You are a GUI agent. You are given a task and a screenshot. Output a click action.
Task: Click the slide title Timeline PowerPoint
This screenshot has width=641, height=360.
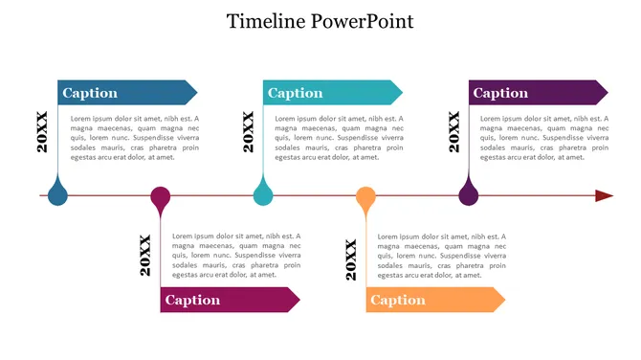click(x=320, y=21)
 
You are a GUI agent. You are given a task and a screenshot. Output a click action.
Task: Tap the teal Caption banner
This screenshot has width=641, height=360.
click(x=331, y=93)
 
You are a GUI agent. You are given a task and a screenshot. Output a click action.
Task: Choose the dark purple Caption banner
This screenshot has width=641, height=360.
click(x=537, y=93)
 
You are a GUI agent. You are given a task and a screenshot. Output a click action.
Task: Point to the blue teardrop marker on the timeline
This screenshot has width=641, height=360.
click(x=57, y=194)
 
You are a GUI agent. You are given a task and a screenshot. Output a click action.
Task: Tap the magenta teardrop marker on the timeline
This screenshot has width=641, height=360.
click(x=161, y=198)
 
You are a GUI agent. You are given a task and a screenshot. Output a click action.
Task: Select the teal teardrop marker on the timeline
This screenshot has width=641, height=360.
click(x=263, y=194)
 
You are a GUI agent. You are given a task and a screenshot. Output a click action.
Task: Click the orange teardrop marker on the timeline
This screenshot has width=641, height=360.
click(x=365, y=198)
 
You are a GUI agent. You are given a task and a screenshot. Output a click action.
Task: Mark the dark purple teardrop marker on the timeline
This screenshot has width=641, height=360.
click(x=468, y=194)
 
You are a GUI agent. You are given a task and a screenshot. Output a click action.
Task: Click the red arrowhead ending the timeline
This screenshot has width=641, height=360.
click(x=604, y=196)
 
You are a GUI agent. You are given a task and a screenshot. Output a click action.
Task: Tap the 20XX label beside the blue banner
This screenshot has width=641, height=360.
click(x=42, y=132)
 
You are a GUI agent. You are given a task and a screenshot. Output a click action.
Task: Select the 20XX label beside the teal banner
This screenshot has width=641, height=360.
click(x=248, y=132)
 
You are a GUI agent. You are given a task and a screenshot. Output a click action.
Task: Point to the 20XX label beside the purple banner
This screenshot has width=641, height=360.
click(x=454, y=132)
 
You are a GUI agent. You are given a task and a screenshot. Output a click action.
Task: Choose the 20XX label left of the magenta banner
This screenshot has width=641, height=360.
click(x=145, y=256)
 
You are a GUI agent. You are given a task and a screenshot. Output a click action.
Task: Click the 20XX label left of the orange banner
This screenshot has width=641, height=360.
click(x=351, y=260)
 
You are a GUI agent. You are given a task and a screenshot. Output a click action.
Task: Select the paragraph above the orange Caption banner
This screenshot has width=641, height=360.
click(x=441, y=256)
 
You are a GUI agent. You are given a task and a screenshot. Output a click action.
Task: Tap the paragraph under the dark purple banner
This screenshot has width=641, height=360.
click(x=543, y=138)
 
